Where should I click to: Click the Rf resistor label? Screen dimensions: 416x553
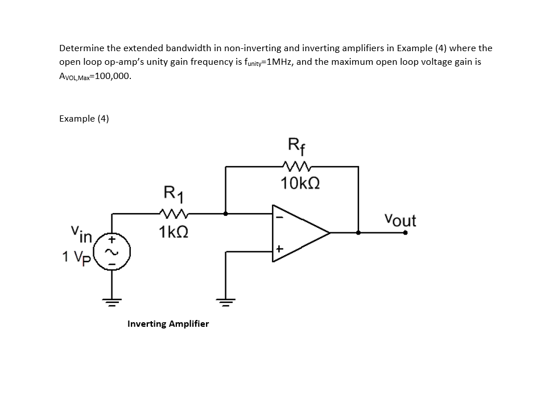tap(297, 147)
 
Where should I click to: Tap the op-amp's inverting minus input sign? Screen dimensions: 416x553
tap(279, 217)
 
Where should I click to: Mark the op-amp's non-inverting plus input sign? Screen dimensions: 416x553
tap(279, 249)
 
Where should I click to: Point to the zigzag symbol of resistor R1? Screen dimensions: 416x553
tap(171, 214)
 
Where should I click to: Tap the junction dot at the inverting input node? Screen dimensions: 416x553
tap(226, 214)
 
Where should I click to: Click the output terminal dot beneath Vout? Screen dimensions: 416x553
tap(405, 232)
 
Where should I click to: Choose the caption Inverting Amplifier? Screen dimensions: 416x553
tap(168, 324)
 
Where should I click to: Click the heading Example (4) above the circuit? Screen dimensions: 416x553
tap(84, 118)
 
